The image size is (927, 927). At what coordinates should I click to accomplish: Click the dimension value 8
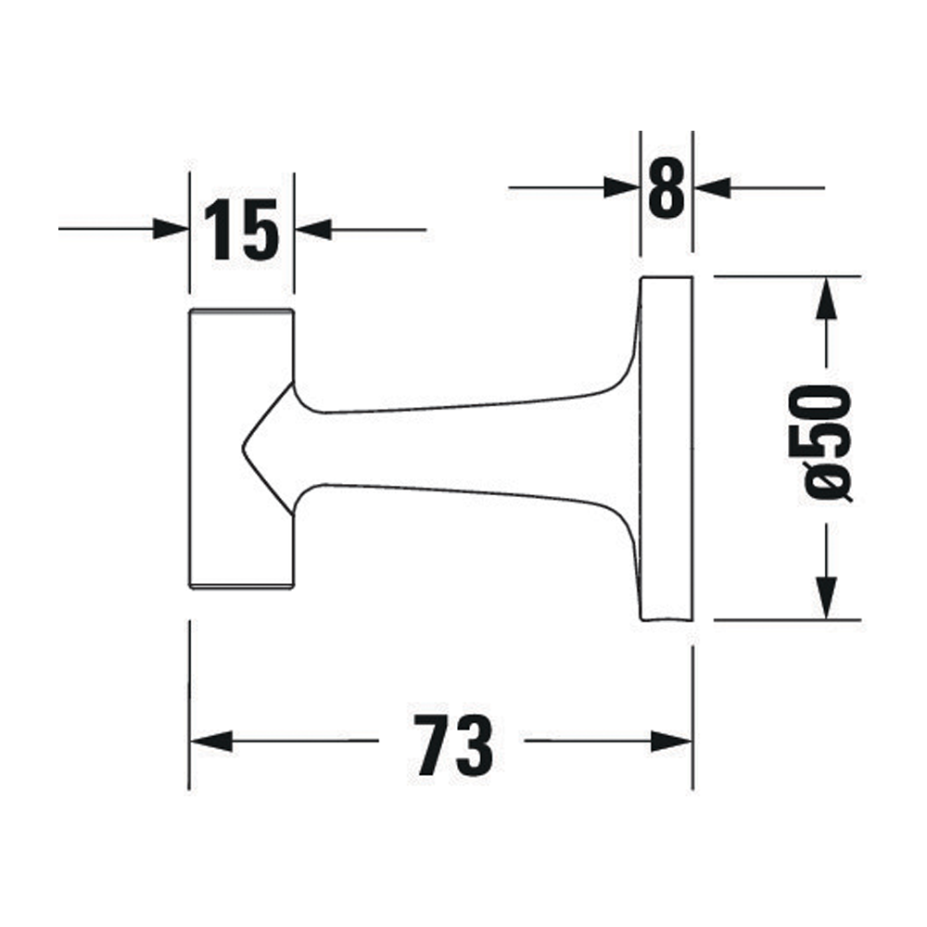coord(667,188)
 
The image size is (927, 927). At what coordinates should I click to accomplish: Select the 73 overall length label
coord(453,744)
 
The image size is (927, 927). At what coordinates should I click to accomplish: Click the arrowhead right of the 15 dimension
coord(312,229)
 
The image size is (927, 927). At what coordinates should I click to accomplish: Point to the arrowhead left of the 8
coord(623,188)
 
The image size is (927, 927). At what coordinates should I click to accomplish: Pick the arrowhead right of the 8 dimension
coord(712,188)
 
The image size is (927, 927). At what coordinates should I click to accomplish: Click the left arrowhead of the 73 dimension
coord(210,741)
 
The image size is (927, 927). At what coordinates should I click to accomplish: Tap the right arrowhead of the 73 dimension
coord(671,741)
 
